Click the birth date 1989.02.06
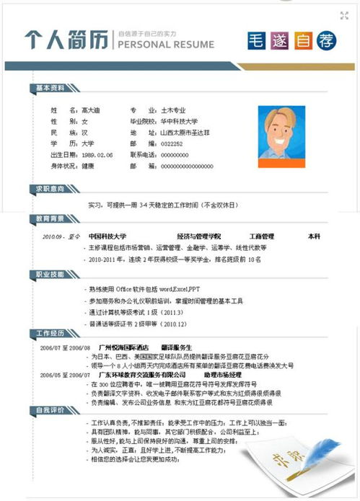tap(97, 155)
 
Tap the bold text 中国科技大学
tap(107, 236)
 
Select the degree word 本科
tap(314, 236)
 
